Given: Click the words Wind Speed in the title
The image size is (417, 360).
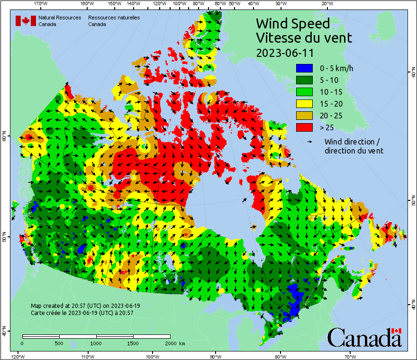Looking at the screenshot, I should [292, 23].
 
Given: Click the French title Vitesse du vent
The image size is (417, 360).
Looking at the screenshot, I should [304, 37].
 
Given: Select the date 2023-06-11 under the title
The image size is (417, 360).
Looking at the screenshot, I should [284, 52].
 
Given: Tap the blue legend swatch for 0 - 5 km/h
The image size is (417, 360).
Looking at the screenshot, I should [304, 68].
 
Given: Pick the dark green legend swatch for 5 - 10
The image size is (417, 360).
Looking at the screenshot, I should [304, 80].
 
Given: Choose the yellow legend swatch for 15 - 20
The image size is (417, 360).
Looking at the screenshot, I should [304, 104].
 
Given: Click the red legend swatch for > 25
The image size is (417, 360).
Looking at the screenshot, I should [304, 127].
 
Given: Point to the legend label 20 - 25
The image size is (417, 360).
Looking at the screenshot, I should [331, 116].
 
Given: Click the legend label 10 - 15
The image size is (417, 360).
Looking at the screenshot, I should [331, 92].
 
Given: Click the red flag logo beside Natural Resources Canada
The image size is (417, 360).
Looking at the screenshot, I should [26, 21].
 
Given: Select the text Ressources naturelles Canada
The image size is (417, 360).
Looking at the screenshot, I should [114, 21].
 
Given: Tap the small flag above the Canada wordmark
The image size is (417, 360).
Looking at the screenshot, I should [397, 330].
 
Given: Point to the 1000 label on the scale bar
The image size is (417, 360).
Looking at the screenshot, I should [96, 343].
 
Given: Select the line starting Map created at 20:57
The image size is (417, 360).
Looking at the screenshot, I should [85, 306].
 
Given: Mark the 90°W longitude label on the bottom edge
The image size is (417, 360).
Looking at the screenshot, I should [216, 356].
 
